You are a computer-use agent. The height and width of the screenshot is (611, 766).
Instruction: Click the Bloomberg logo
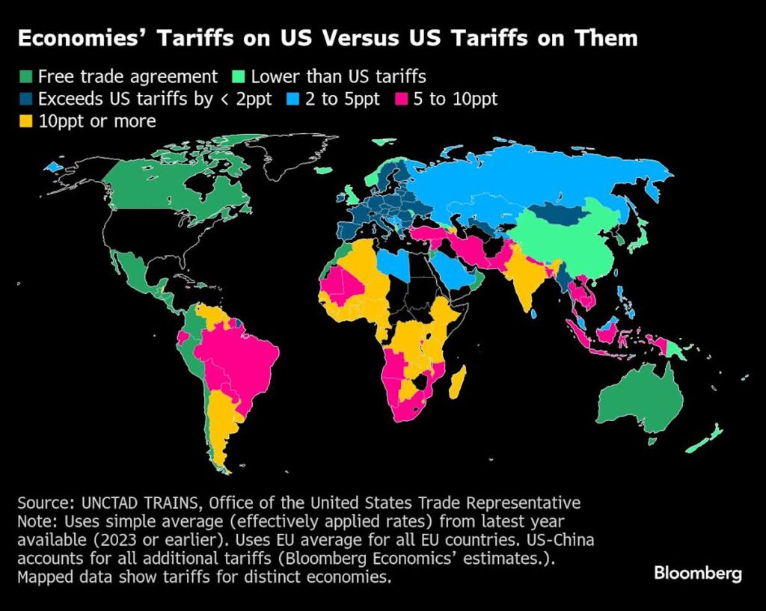point(697,574)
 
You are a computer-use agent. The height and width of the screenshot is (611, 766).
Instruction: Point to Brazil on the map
point(239,359)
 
